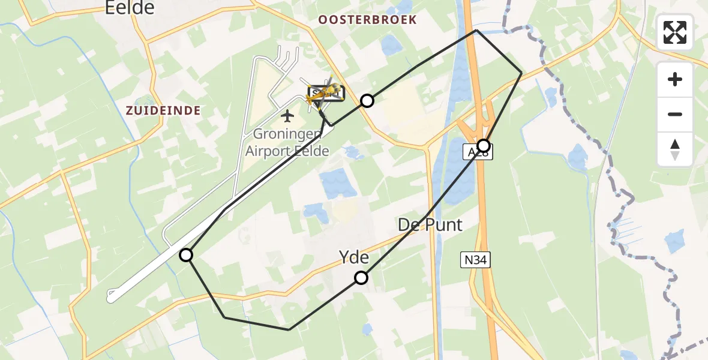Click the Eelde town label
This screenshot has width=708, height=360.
coord(129,8)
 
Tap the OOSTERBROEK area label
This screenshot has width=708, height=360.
coord(367,20)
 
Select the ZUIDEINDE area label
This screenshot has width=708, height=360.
coord(163,110)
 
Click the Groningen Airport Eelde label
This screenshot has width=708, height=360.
coord(287,142)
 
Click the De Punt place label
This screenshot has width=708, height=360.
coord(430,225)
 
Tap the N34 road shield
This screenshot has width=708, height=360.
coord(476,260)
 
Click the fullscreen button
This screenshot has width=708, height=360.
coord(675,32)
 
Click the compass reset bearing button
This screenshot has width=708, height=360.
coord(675,149)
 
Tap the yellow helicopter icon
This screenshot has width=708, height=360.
coord(325,93)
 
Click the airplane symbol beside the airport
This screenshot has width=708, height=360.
coord(287,115)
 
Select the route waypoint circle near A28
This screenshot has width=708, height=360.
coord(483,145)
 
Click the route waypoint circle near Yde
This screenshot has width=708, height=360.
coord(361,277)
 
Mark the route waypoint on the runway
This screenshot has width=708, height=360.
coord(187,255)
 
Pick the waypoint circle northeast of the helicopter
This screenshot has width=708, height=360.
coord(367,101)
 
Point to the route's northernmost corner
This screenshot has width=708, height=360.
coord(476,30)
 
